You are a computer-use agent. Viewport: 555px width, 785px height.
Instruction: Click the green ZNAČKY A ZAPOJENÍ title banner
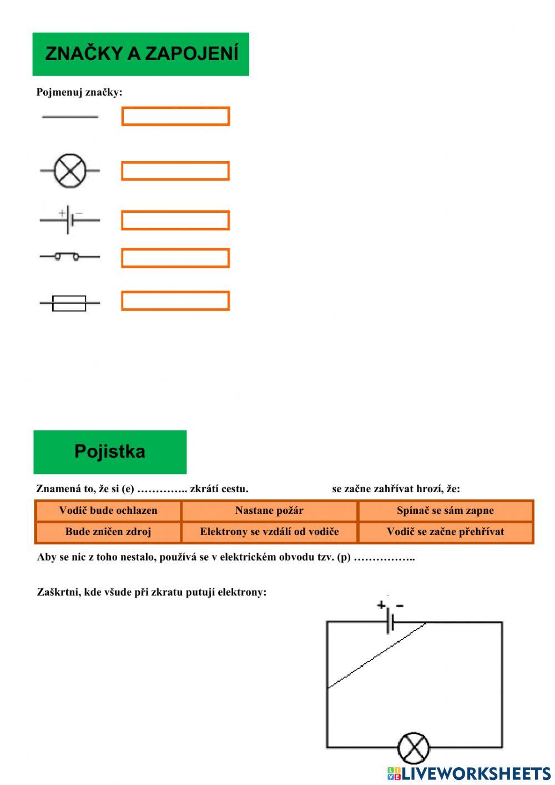(140, 54)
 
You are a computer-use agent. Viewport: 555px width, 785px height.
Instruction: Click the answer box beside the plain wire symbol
(175, 116)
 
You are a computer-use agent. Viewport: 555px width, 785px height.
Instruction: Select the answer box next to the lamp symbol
(175, 171)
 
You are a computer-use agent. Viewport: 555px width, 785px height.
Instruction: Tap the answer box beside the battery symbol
(175, 220)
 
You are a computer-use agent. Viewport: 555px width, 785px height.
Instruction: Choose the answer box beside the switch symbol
(175, 258)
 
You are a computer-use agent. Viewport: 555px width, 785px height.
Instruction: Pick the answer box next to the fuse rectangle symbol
(175, 301)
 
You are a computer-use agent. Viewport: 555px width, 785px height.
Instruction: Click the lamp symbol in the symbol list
(70, 171)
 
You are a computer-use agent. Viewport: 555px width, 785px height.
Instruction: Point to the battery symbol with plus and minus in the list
(69, 220)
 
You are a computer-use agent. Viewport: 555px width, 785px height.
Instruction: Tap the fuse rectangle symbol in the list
(69, 303)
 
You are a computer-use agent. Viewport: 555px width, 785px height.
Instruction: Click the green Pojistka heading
(110, 451)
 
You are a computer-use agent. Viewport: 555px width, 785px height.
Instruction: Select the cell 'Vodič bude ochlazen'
(108, 511)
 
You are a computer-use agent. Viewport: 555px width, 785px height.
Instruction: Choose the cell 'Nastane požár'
(269, 511)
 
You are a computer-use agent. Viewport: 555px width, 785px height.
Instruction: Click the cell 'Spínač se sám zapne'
(445, 511)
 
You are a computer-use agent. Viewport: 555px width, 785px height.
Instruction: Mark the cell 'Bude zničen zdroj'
(108, 532)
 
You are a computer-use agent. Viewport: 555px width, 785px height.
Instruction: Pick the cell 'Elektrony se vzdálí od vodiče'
(269, 532)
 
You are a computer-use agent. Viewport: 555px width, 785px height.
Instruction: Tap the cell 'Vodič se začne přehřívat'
(445, 532)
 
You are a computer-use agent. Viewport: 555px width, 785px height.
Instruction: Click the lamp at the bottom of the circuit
(413, 748)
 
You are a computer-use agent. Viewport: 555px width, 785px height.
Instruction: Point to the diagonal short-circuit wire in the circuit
(377, 656)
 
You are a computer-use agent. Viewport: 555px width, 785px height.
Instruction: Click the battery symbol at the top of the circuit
(390, 622)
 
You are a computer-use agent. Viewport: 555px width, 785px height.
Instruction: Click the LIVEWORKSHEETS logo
(469, 773)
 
